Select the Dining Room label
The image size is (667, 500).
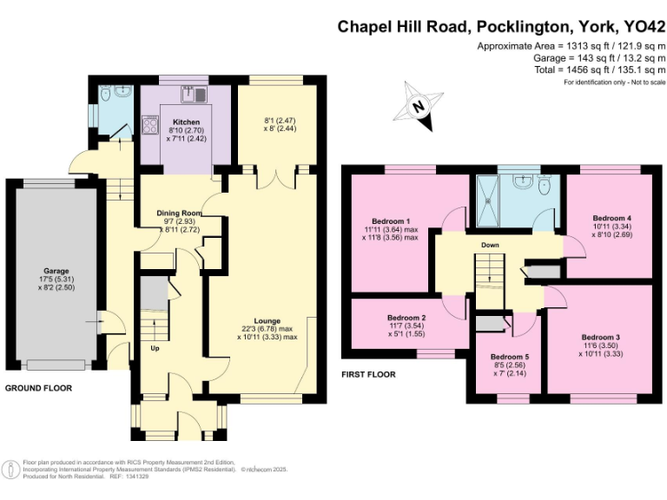pyautogui.click(x=179, y=213)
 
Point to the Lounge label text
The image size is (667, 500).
pyautogui.click(x=267, y=321)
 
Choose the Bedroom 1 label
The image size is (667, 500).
pyautogui.click(x=391, y=220)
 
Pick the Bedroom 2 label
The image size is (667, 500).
pyautogui.click(x=405, y=318)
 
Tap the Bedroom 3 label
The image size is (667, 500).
pyautogui.click(x=601, y=337)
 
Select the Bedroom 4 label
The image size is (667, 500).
pyautogui.click(x=611, y=217)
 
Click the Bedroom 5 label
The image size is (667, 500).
pyautogui.click(x=509, y=357)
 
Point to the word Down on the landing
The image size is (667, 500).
pyautogui.click(x=490, y=245)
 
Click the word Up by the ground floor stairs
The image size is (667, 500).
pyautogui.click(x=155, y=349)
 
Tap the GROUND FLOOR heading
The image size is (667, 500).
pyautogui.click(x=39, y=388)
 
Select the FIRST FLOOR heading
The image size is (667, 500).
pyautogui.click(x=368, y=375)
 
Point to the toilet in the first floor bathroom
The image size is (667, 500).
pyautogui.click(x=545, y=184)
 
